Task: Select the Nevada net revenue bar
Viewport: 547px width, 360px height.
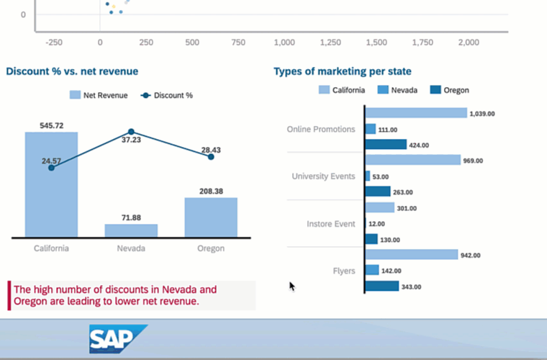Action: coord(131,230)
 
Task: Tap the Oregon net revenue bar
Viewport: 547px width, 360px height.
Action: coord(211,217)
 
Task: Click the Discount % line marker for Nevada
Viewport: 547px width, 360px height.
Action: coord(131,132)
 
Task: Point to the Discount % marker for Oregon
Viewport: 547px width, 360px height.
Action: coord(211,156)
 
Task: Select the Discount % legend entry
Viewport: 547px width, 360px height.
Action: coord(167,95)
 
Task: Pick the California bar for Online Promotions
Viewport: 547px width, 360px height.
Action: coord(416,113)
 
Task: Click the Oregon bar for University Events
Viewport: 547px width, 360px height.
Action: coord(378,192)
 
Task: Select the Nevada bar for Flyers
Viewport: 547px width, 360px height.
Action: coord(372,270)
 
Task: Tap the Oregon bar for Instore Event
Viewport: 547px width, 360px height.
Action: coord(371,239)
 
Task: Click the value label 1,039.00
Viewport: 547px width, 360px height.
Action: coord(482,114)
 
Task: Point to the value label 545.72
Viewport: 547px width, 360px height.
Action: coord(51,125)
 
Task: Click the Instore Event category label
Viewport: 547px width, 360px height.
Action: coord(330,224)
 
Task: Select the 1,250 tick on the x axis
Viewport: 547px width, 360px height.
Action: coord(330,42)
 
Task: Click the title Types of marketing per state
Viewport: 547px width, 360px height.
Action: coord(343,71)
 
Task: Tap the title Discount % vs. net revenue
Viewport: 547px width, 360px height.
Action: coord(72,71)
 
